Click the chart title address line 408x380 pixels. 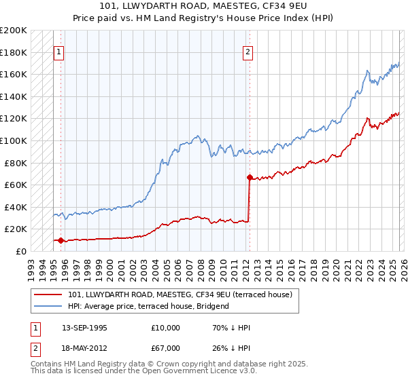pyautogui.click(x=204, y=7)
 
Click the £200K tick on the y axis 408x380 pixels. pyautogui.click(x=14, y=31)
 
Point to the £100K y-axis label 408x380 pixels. pyautogui.click(x=14, y=140)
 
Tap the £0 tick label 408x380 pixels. pyautogui.click(x=20, y=251)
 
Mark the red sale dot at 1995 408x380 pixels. pyautogui.click(x=61, y=240)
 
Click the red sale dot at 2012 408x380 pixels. pyautogui.click(x=250, y=178)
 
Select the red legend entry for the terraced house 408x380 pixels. pyautogui.click(x=180, y=294)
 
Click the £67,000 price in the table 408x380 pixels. pyautogui.click(x=165, y=348)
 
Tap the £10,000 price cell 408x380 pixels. pyautogui.click(x=165, y=328)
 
